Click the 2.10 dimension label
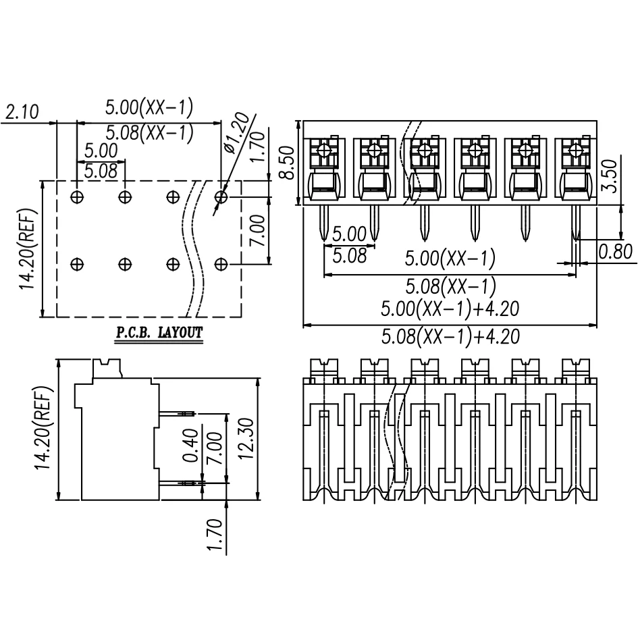[22, 112]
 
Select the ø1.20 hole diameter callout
[236, 134]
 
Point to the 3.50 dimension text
[610, 176]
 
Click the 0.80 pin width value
[616, 252]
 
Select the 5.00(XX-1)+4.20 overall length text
[450, 309]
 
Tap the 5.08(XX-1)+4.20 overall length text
[450, 336]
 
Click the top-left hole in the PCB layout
[77, 197]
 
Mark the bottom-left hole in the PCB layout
[77, 263]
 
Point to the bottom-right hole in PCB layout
[221, 263]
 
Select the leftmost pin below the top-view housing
[324, 223]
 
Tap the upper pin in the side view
[178, 413]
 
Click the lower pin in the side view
[178, 483]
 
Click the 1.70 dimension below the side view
[215, 535]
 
